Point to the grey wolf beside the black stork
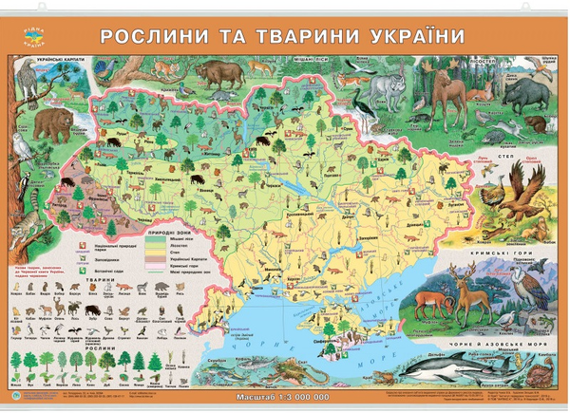tap(389, 87)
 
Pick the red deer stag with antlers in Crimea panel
tap(467, 289)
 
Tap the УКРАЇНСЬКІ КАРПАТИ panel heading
tap(56, 59)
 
